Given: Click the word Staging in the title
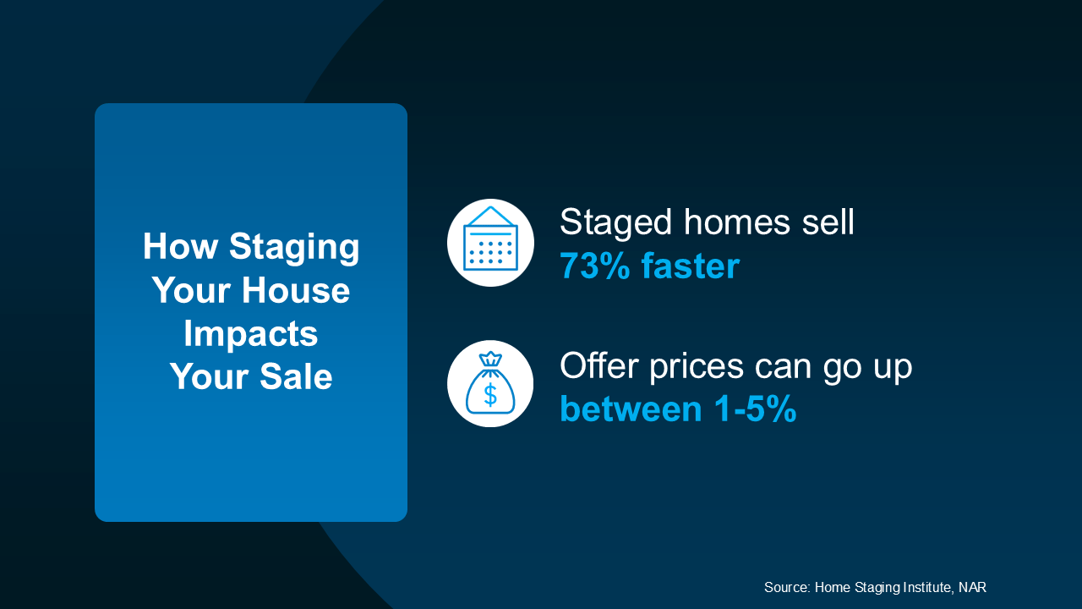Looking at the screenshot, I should pyautogui.click(x=294, y=248).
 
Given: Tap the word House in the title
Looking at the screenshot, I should pyautogui.click(x=295, y=291).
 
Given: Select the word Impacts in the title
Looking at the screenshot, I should pyautogui.click(x=251, y=333).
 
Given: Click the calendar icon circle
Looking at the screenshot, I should pyautogui.click(x=490, y=243).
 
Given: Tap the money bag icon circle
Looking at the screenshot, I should pyautogui.click(x=490, y=384).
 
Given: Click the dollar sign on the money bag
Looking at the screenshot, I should pyautogui.click(x=490, y=394).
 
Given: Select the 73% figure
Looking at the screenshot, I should pyautogui.click(x=595, y=266).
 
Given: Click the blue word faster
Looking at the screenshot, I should pyautogui.click(x=690, y=266).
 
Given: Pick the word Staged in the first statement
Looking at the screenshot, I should pyautogui.click(x=616, y=223).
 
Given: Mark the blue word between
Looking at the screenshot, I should pyautogui.click(x=631, y=409).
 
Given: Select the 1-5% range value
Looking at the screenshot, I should pyautogui.click(x=755, y=409).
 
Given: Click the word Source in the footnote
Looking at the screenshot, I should pyautogui.click(x=787, y=587).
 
